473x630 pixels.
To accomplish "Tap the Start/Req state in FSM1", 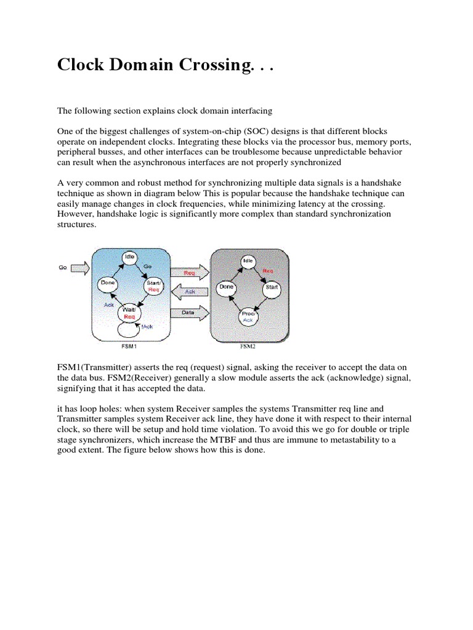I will (153, 285).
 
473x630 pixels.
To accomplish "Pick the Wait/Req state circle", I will (129, 313).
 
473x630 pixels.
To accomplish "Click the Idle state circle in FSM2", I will (248, 261).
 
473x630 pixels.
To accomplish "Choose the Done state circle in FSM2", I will (227, 287).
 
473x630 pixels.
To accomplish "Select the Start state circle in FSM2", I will (270, 287).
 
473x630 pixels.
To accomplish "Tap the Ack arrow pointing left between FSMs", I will (189, 292).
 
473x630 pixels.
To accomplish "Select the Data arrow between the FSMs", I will (189, 313).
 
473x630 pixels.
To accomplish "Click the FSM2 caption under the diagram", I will (248, 346).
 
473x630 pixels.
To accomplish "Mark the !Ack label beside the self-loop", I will (147, 327).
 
